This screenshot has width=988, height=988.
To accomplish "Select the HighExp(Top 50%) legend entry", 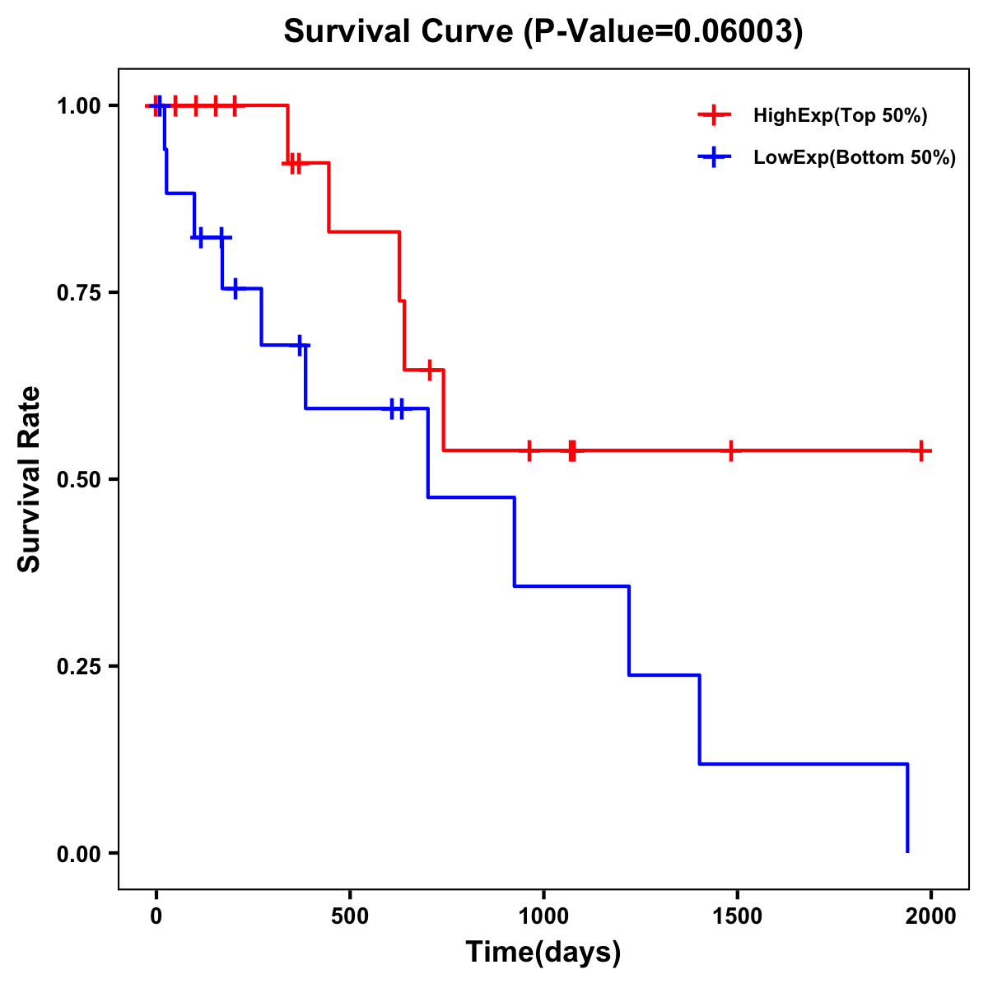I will [840, 115].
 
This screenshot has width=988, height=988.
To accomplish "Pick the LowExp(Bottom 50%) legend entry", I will [854, 157].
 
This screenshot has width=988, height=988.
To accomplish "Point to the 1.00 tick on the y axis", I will [79, 106].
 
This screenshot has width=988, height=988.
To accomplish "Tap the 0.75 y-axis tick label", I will [79, 293].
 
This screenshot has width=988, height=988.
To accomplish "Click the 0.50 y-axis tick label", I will [79, 480].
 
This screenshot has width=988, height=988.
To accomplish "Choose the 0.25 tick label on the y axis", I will [79, 667].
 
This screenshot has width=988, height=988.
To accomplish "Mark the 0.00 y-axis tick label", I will [79, 854].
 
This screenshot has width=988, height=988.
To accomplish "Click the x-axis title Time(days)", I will [543, 953].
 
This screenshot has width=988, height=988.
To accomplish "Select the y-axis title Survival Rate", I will [30, 479].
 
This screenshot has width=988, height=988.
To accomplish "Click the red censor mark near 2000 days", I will [921, 450].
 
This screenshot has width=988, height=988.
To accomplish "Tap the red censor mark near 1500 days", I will [730, 450].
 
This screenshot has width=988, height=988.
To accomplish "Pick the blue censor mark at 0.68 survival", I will [301, 346].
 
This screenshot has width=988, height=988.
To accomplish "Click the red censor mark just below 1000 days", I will [529, 450].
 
